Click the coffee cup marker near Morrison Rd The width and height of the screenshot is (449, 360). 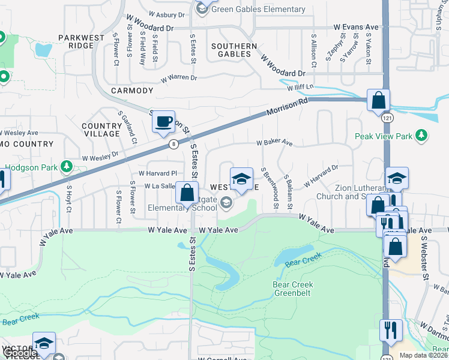(x=163, y=122)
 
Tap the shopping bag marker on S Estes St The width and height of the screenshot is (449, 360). (x=187, y=193)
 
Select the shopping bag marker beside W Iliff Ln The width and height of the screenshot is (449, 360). (x=379, y=100)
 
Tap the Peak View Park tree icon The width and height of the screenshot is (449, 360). (x=423, y=136)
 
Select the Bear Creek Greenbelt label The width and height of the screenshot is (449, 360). (x=292, y=289)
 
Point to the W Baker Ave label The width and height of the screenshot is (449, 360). (x=274, y=143)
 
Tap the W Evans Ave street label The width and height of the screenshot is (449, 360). (x=357, y=28)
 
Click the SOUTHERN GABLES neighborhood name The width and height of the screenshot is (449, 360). (x=234, y=50)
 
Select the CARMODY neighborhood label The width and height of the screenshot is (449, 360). (x=132, y=91)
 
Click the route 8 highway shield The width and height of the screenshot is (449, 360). (x=173, y=143)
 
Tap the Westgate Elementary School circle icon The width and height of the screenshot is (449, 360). (x=226, y=203)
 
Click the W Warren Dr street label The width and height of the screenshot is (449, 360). (x=178, y=78)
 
